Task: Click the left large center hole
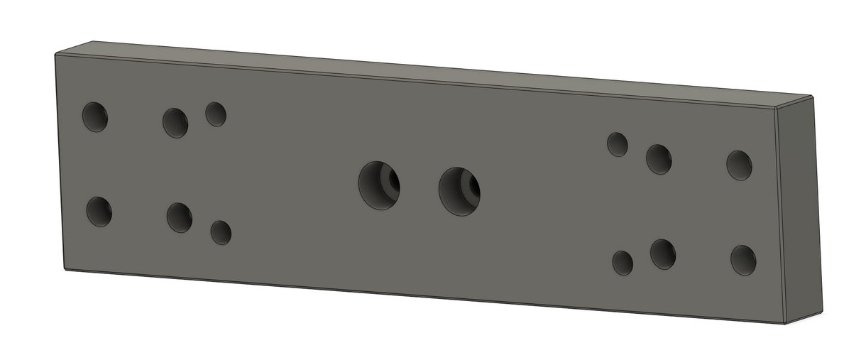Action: coord(378,185)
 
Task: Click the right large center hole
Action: coord(459,192)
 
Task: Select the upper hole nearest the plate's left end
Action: coord(94,117)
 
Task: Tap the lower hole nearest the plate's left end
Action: coord(99,212)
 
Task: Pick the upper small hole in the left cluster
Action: coord(216,114)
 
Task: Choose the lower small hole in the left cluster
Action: coord(221,232)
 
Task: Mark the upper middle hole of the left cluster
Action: coord(175,123)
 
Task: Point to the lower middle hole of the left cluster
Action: coord(179,217)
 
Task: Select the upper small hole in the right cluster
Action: coord(617,144)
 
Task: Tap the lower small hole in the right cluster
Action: coord(623,263)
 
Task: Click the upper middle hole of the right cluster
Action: coord(659,159)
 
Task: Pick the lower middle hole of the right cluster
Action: coord(663,254)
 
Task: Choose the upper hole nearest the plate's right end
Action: coord(739,165)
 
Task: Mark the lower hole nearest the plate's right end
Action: coord(743,260)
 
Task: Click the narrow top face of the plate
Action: coord(426,71)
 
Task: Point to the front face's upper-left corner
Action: coord(55,55)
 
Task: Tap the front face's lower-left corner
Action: coord(65,269)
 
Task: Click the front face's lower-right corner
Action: coord(785,323)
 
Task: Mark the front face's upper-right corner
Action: coord(775,109)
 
